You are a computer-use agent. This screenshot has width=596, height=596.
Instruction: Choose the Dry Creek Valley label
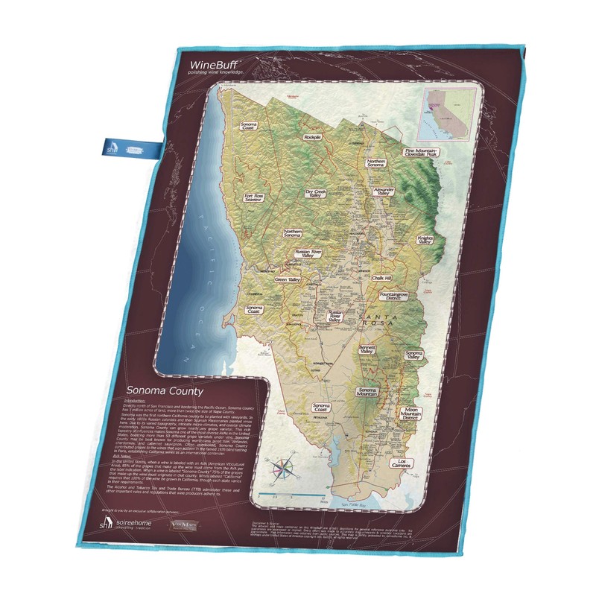point(317,193)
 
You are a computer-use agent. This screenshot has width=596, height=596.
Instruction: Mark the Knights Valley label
point(425,238)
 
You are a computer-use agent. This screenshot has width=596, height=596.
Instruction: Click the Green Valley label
point(288,280)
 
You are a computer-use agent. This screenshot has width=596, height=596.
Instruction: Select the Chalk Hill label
point(382,277)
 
